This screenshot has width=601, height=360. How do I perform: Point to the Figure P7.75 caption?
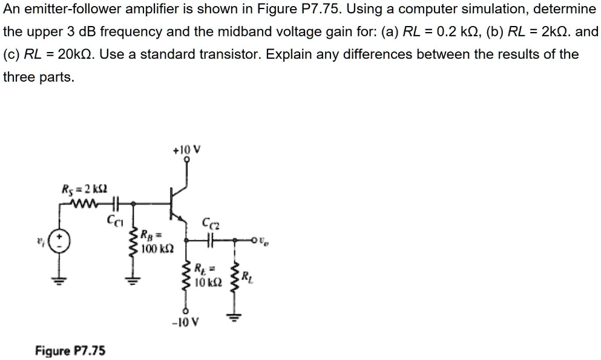(x=70, y=350)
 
